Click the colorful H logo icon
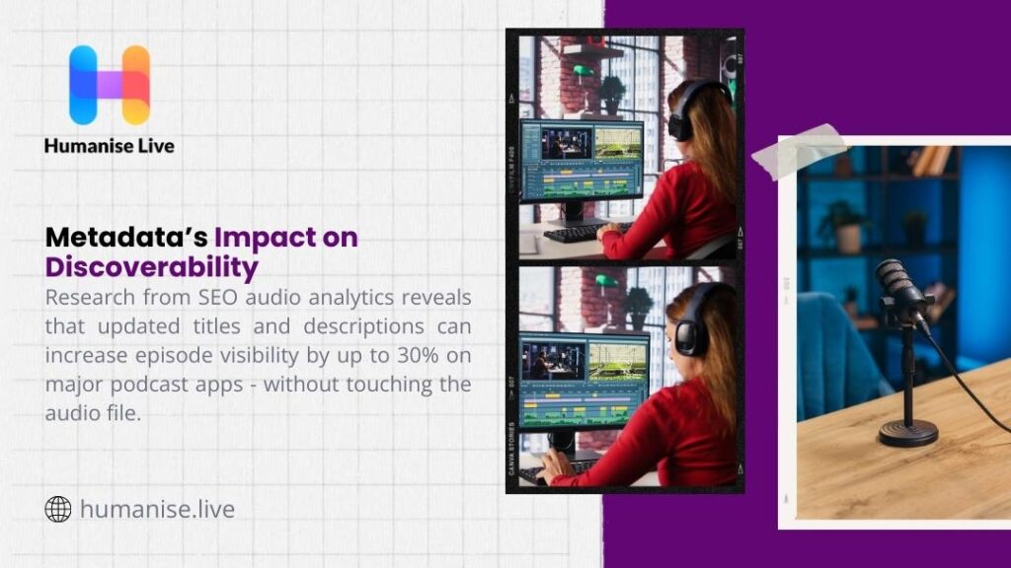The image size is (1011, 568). [109, 85]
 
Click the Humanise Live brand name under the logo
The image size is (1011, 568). [109, 146]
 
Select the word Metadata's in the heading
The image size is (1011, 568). [126, 238]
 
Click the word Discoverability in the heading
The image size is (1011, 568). [152, 267]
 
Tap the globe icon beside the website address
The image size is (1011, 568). [58, 509]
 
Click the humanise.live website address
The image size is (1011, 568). [157, 510]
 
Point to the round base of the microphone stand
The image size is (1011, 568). [907, 432]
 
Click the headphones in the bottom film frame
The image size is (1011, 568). [691, 326]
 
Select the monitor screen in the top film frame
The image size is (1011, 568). [581, 158]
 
